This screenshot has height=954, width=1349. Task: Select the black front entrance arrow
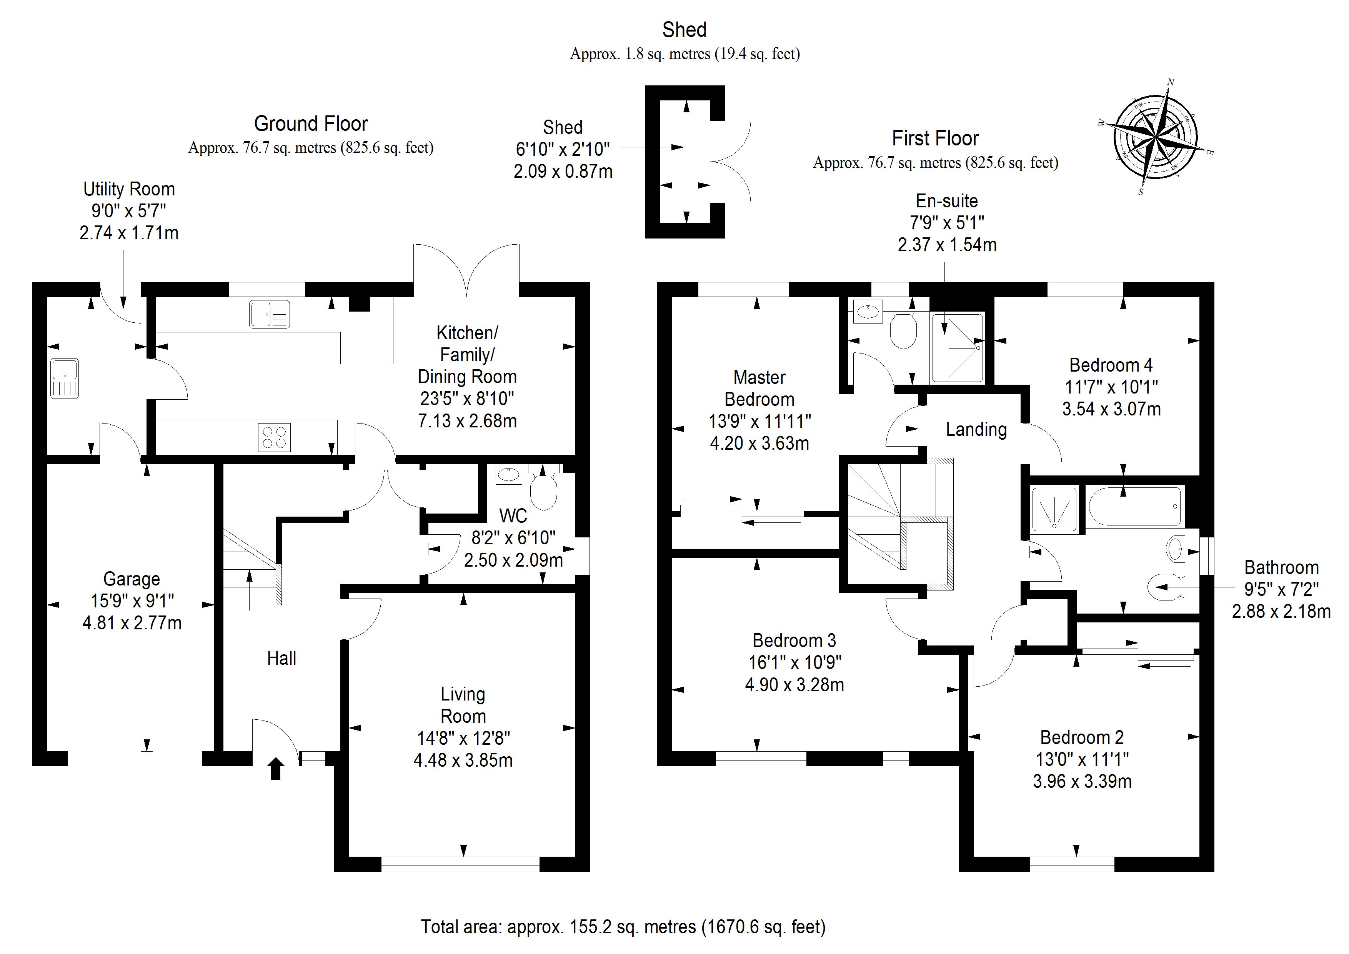click(x=276, y=768)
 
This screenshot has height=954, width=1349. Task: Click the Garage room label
click(x=132, y=579)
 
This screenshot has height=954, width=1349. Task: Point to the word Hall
click(x=281, y=658)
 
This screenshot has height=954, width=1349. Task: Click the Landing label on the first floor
click(x=976, y=430)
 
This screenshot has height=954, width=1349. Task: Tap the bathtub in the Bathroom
click(x=1134, y=507)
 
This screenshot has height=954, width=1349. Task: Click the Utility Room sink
click(x=64, y=379)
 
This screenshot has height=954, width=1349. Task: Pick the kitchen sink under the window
click(x=270, y=314)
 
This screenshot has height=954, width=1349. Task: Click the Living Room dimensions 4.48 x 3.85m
click(x=463, y=760)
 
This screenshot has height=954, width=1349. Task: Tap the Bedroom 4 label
click(x=1111, y=365)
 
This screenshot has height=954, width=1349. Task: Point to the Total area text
click(x=623, y=927)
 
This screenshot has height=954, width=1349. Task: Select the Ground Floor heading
click(x=311, y=124)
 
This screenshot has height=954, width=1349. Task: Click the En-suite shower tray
click(x=958, y=348)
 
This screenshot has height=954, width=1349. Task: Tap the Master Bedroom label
click(x=759, y=388)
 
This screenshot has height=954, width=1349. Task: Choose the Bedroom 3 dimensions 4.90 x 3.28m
click(x=794, y=685)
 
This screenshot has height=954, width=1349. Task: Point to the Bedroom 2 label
click(x=1082, y=737)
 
